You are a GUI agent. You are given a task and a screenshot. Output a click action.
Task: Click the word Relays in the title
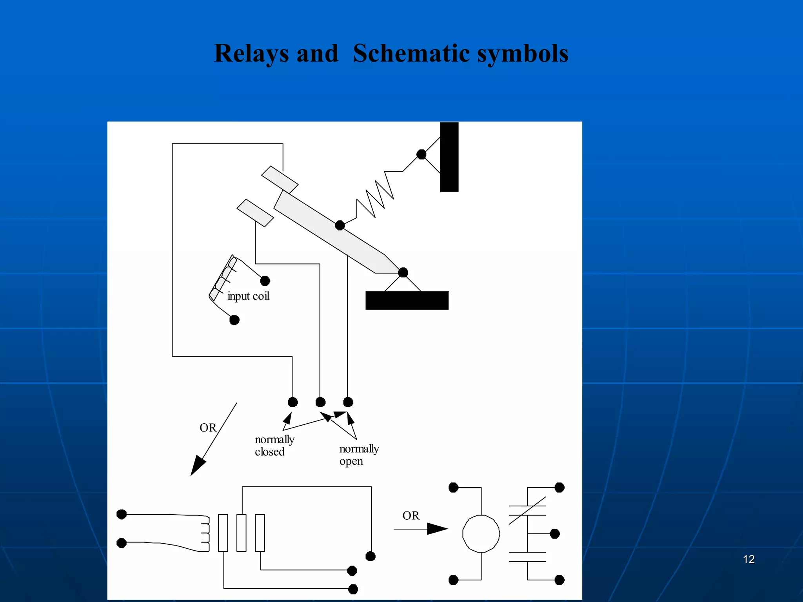(251, 54)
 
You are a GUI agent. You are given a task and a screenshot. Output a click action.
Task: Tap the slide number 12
(748, 559)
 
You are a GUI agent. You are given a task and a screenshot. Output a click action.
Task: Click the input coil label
(248, 296)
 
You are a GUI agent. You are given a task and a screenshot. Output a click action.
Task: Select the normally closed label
(274, 446)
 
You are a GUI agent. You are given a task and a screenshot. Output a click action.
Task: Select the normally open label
(359, 455)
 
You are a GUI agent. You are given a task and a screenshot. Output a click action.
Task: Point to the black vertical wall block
(449, 157)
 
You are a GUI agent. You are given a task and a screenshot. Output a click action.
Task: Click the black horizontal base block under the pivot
(407, 301)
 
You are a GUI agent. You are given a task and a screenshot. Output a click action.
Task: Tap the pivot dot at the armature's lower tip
(403, 272)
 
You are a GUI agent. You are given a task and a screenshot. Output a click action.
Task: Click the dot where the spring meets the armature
(340, 225)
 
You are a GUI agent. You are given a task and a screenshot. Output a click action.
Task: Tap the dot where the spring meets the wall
(421, 154)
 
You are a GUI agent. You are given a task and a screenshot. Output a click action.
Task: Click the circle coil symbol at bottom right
(481, 534)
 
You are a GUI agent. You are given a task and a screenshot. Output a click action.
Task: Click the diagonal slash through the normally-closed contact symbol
(527, 511)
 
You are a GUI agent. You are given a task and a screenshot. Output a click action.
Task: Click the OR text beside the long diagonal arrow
(208, 428)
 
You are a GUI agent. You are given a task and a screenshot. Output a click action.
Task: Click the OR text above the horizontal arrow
(411, 515)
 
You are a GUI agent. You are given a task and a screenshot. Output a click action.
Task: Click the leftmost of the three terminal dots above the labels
(292, 402)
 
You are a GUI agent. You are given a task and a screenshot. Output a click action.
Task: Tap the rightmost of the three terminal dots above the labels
(348, 402)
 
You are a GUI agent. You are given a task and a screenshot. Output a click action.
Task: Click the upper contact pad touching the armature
(280, 180)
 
